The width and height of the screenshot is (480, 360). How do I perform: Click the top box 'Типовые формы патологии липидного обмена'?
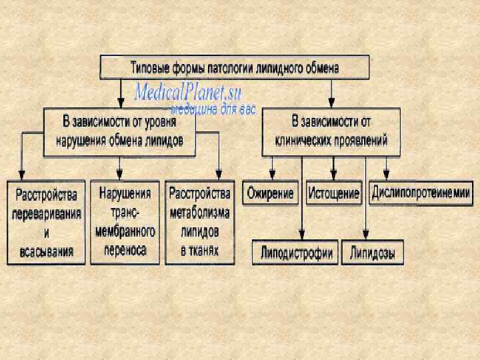(x=233, y=68)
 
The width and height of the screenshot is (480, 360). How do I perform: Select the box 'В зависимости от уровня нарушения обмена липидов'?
(x=120, y=131)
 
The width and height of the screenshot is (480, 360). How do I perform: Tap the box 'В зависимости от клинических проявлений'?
(x=331, y=131)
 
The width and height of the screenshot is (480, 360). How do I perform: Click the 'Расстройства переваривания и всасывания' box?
(x=46, y=223)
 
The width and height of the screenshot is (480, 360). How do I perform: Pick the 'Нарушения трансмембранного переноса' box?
(x=125, y=223)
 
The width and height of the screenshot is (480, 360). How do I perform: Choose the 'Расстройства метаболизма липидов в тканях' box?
(x=199, y=223)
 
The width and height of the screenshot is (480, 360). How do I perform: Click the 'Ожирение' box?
(x=270, y=193)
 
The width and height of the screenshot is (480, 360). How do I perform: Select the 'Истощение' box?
(x=333, y=193)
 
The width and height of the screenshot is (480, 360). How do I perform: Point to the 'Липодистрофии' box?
(x=297, y=254)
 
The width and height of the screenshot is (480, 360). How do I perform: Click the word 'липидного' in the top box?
(x=283, y=68)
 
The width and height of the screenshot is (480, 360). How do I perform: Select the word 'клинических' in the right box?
(x=305, y=141)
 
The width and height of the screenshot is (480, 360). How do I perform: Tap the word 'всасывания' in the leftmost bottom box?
(x=46, y=252)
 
